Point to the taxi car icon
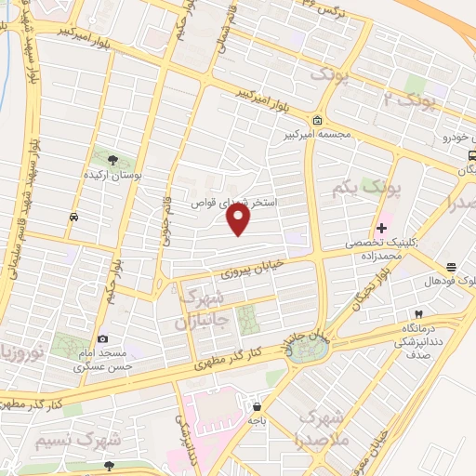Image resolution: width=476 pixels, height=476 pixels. [x=73, y=217]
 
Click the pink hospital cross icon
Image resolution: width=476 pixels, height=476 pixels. [x=382, y=228]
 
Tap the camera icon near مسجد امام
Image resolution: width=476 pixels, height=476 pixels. [x=102, y=339]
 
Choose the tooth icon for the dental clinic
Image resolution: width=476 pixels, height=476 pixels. [x=418, y=313]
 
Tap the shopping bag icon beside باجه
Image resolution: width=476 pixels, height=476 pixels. [x=257, y=406]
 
